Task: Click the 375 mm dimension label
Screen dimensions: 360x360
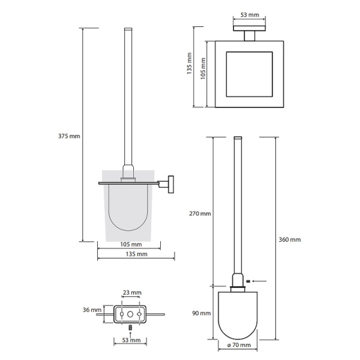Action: [x=69, y=136]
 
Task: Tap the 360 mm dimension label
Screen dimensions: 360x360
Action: [x=290, y=239]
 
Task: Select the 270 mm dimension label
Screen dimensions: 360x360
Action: [x=200, y=214]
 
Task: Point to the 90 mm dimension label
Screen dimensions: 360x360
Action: [x=202, y=313]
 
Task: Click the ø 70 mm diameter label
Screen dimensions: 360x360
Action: [x=239, y=345]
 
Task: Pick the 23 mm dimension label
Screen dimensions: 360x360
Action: [x=132, y=293]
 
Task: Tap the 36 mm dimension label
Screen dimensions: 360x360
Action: [x=92, y=310]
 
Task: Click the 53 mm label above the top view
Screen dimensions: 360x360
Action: [x=250, y=15]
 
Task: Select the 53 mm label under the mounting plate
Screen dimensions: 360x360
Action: [x=131, y=340]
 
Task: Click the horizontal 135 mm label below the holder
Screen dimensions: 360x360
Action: [x=136, y=254]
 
